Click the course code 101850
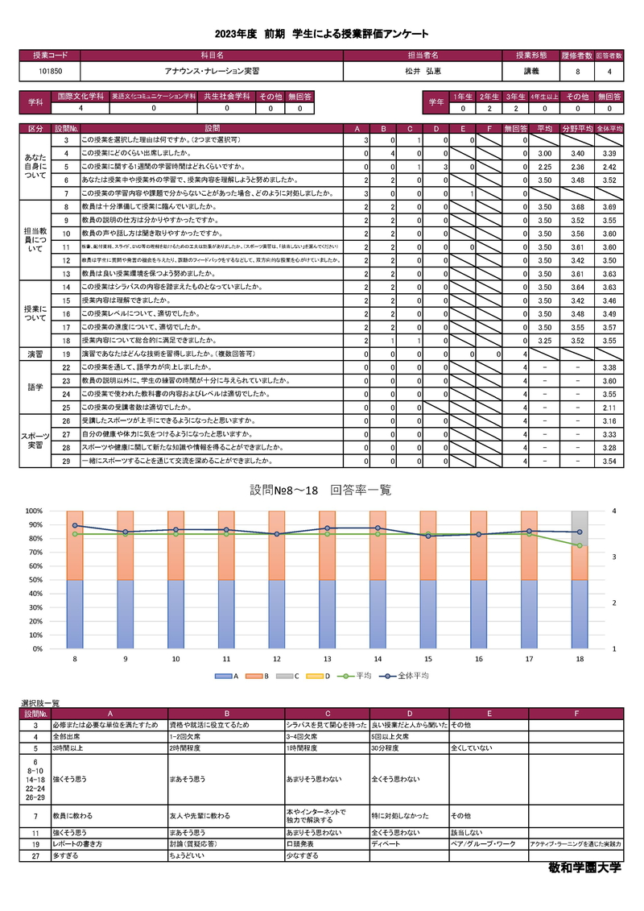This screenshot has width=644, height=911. (x=50, y=72)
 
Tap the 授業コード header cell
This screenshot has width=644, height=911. (x=50, y=56)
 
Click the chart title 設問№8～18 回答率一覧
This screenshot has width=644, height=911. (x=320, y=490)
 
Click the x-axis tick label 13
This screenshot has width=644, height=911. (x=328, y=659)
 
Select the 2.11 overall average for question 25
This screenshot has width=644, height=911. (x=609, y=408)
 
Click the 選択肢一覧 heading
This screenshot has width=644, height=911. (x=40, y=703)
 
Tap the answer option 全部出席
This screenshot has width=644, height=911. (x=67, y=736)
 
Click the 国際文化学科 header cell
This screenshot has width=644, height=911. (x=81, y=96)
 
